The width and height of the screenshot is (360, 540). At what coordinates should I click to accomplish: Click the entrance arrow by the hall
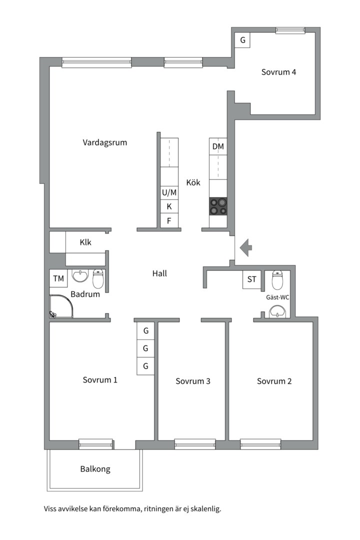pos(246,247)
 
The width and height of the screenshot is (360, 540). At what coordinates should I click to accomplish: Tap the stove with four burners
pos(218,206)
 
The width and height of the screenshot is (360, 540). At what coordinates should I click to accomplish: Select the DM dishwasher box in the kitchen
pos(218,146)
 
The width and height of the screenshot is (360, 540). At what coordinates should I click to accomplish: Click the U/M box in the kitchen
pos(169,192)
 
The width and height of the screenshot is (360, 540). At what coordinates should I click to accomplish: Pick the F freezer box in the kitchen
pos(169,221)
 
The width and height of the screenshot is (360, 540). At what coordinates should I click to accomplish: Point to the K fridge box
pos(169,206)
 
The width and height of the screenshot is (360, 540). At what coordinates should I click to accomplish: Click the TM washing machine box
pos(58,278)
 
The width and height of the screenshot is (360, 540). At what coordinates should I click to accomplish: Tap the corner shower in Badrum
pos(61,306)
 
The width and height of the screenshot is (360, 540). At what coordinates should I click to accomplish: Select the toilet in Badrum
pos(98,279)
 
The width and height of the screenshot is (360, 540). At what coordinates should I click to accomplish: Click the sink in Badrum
pos(80,275)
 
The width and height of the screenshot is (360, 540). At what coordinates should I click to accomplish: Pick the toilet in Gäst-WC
pos(277,279)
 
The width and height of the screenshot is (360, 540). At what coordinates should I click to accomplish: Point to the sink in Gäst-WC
pos(277,311)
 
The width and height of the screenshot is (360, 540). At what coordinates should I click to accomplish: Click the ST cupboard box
pos(252,279)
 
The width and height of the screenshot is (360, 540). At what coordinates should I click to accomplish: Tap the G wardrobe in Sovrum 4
pos(242,40)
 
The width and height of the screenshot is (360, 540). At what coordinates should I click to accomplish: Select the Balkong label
pos(95,469)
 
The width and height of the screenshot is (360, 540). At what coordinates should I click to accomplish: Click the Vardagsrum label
pos(104,142)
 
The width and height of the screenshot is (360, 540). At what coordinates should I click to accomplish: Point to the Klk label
pos(85,242)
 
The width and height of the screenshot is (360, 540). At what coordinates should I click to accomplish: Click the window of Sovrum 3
pos(195,444)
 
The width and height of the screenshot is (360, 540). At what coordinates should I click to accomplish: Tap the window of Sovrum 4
pos(290,30)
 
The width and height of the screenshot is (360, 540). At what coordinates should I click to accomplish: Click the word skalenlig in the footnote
pos(205,508)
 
